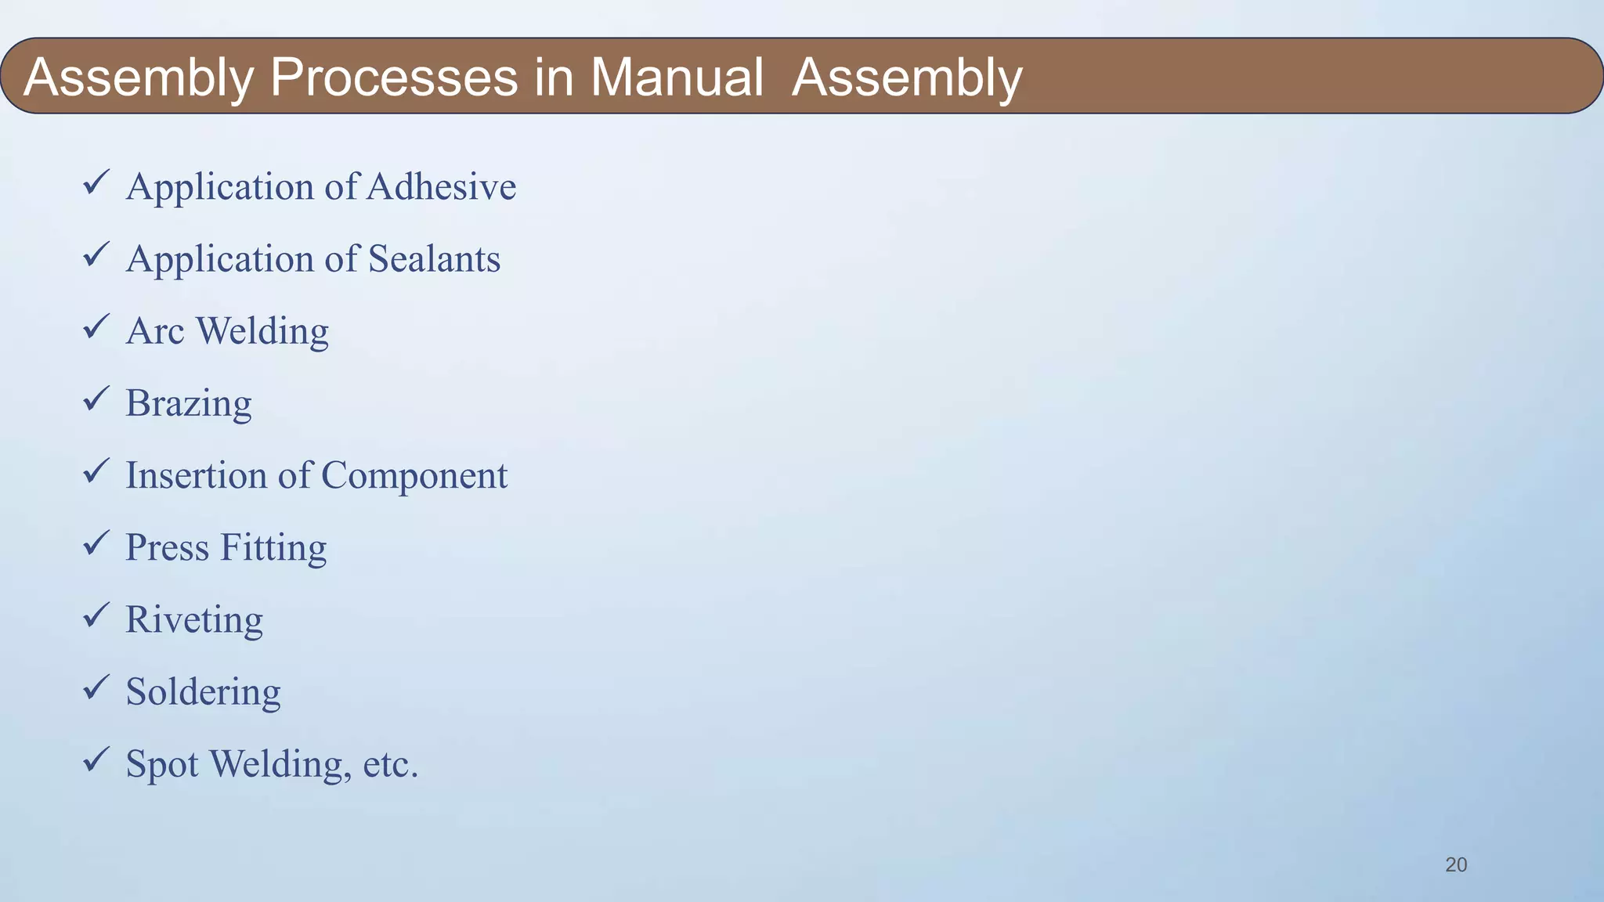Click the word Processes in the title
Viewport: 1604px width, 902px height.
tap(393, 77)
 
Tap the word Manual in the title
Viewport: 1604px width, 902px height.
tap(676, 77)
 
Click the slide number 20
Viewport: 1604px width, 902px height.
tap(1456, 864)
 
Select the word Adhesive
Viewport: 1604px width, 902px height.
tap(441, 186)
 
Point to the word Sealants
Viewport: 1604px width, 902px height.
tap(434, 258)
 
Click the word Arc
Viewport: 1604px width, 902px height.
tap(155, 330)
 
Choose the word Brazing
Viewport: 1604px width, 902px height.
tap(189, 404)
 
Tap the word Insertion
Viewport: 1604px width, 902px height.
tap(196, 474)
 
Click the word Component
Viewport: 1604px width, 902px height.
tap(414, 476)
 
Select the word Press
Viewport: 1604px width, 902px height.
tap(167, 547)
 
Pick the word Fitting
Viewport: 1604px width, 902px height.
tap(273, 548)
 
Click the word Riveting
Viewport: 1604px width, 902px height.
tap(194, 620)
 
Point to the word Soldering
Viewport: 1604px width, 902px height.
tap(203, 692)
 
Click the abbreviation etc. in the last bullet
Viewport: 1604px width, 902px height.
tap(391, 764)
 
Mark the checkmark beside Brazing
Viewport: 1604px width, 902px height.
tap(96, 399)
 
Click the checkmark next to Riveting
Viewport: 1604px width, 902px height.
tap(96, 615)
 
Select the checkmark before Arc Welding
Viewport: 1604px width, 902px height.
tap(96, 327)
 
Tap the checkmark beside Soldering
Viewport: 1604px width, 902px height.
tap(96, 687)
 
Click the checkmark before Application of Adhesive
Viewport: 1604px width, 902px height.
tap(96, 183)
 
